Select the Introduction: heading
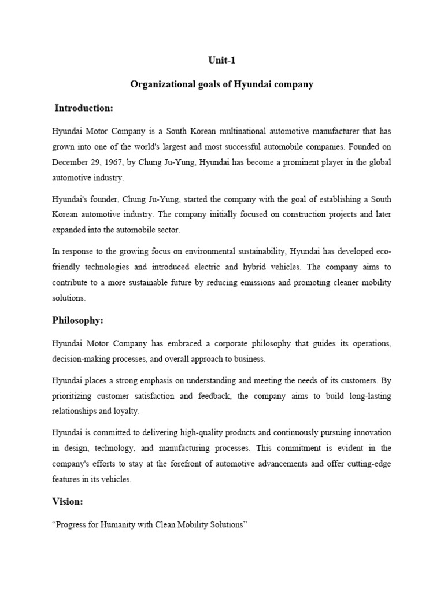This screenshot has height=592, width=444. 84,108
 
